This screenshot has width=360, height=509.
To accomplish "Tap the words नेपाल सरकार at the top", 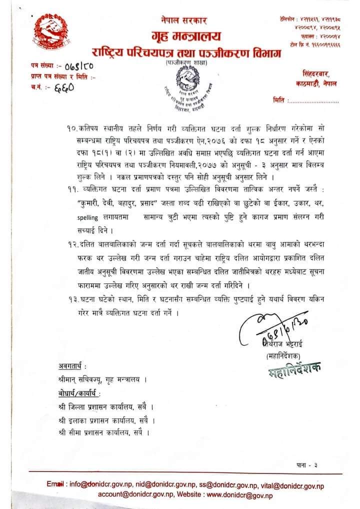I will [179, 20].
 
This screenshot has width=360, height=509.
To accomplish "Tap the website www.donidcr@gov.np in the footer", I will [239, 495].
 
